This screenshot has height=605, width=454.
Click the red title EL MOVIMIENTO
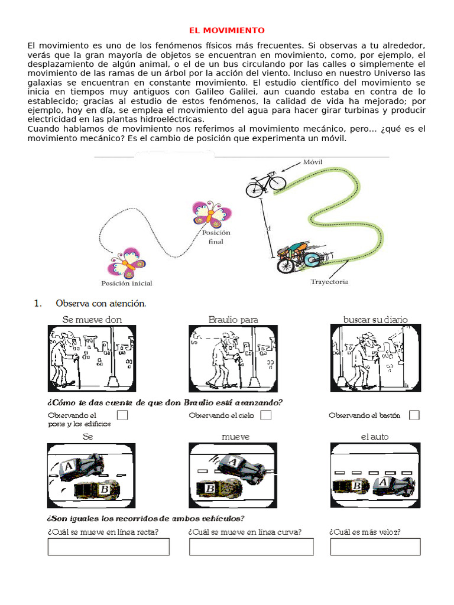tap(227, 30)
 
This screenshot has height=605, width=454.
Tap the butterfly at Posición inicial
tap(126, 263)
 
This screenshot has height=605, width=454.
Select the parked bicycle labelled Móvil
tap(265, 184)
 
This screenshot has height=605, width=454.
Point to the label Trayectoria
tap(329, 282)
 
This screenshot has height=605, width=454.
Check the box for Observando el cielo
tap(266, 415)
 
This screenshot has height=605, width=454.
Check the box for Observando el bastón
tap(414, 415)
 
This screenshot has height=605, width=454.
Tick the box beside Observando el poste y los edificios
tap(122, 415)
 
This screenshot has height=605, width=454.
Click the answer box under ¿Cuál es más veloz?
tap(375, 547)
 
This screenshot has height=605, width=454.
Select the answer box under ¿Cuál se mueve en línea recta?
tap(108, 547)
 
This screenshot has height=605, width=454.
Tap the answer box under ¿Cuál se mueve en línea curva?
tap(251, 547)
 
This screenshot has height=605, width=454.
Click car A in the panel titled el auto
tap(393, 484)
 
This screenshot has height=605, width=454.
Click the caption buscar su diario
tap(375, 320)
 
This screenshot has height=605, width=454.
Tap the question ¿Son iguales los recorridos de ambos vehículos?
tap(145, 518)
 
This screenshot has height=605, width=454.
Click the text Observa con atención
tap(100, 304)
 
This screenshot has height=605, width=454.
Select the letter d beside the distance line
tap(268, 227)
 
